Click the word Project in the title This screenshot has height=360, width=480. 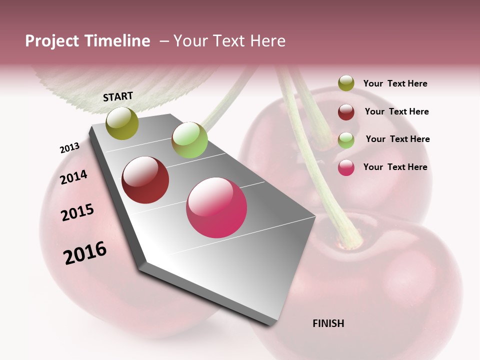[x=52, y=41]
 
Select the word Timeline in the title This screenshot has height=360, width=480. [x=117, y=41]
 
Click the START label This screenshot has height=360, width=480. [x=118, y=96]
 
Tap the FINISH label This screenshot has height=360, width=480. [x=328, y=323]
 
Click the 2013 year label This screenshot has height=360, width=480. [x=69, y=148]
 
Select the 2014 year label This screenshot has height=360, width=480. [x=73, y=177]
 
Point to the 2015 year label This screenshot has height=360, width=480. [x=77, y=212]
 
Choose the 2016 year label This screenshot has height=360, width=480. [x=85, y=252]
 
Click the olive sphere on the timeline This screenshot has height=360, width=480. [x=122, y=123]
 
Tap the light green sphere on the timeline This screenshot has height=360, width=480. [x=189, y=140]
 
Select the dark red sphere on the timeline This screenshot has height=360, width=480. [x=145, y=180]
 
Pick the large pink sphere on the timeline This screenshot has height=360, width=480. [x=216, y=207]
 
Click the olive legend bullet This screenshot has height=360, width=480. [x=346, y=83]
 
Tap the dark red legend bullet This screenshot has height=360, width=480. [x=346, y=111]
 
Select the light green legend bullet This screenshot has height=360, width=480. [x=346, y=139]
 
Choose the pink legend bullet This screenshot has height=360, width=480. [x=346, y=167]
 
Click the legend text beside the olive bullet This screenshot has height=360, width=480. [x=395, y=84]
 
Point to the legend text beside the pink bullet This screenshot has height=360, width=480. [x=395, y=167]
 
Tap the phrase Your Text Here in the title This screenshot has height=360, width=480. [x=229, y=41]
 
